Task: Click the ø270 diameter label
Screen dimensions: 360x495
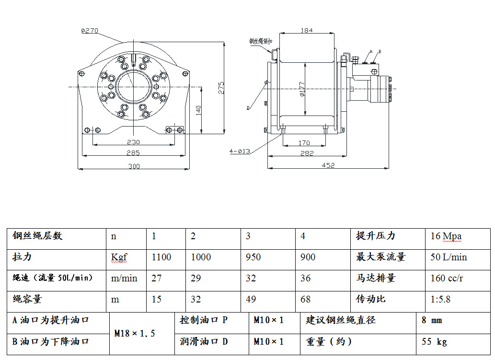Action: [90, 30]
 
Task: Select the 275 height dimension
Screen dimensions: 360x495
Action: [221, 88]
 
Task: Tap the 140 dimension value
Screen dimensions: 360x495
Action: [198, 110]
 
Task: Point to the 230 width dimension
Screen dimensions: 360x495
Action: [133, 141]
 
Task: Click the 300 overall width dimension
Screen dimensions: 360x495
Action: [134, 166]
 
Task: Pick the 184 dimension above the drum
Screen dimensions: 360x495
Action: [307, 30]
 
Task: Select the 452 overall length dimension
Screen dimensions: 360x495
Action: [328, 165]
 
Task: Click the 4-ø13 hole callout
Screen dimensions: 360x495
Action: [240, 151]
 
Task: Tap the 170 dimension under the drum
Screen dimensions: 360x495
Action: [304, 142]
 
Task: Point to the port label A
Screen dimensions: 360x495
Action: [371, 51]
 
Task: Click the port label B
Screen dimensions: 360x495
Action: [380, 51]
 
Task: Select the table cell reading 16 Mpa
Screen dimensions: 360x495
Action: [446, 236]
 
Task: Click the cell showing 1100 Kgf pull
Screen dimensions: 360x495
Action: [161, 257]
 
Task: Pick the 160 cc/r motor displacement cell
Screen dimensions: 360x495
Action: [447, 278]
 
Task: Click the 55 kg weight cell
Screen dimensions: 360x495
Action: [434, 342]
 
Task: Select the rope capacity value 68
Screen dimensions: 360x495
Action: [305, 299]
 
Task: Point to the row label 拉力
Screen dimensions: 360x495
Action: [23, 257]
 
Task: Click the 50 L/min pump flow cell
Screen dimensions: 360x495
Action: [449, 257]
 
